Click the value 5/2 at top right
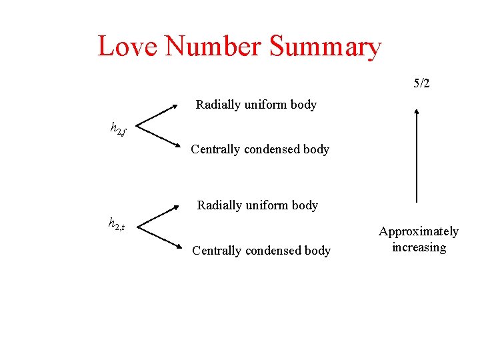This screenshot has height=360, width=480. [421, 83]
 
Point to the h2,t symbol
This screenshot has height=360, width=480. [117, 225]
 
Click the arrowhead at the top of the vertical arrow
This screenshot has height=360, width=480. [417, 113]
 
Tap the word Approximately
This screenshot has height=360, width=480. [419, 231]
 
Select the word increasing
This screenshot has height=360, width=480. [419, 247]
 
